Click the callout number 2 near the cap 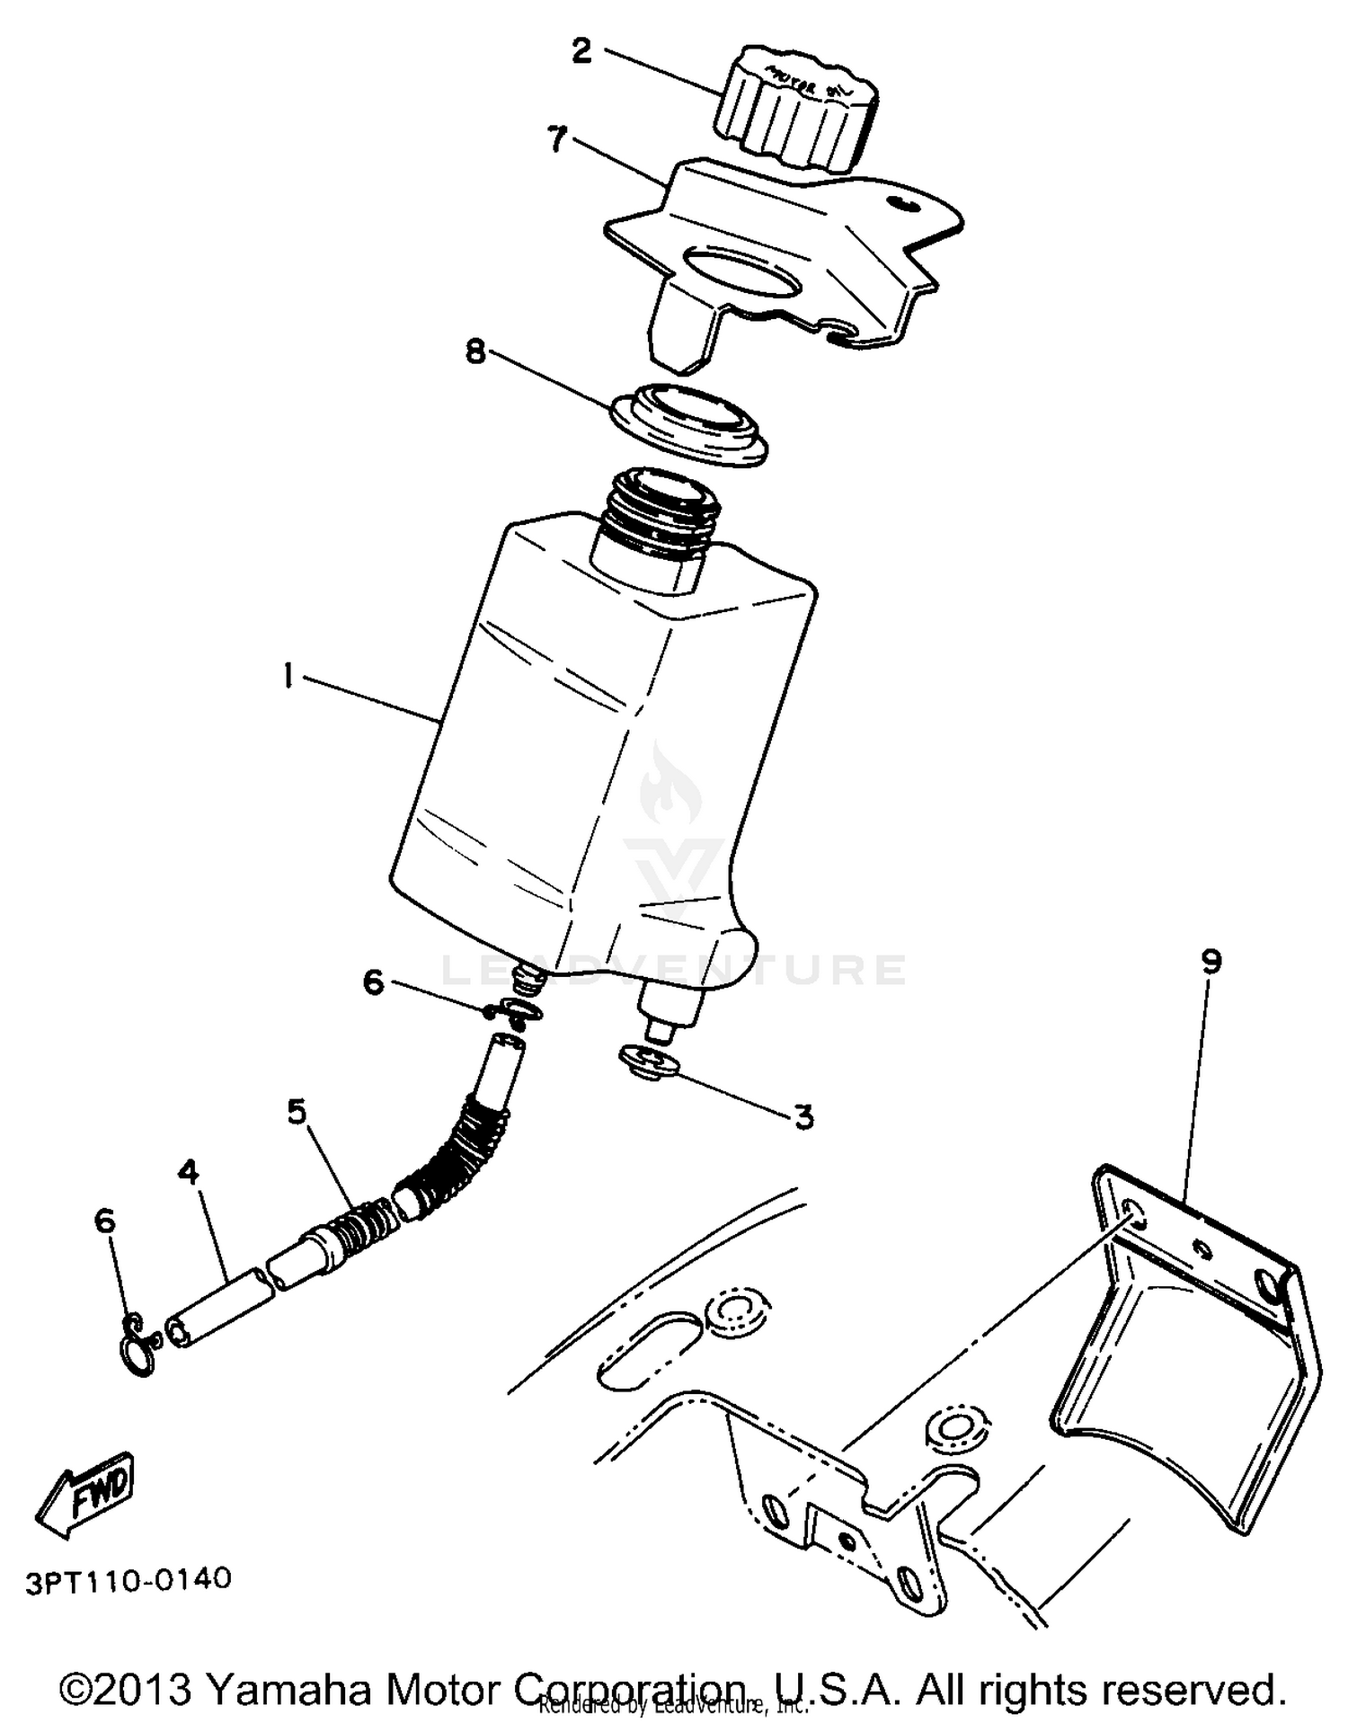click(582, 51)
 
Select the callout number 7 click(557, 138)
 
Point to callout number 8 click(474, 351)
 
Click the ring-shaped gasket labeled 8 click(690, 422)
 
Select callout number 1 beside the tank click(288, 674)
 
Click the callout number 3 click(803, 1117)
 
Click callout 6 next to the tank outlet click(373, 982)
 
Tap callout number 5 click(297, 1113)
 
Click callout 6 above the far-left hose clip click(105, 1221)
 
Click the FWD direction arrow click(86, 1492)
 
